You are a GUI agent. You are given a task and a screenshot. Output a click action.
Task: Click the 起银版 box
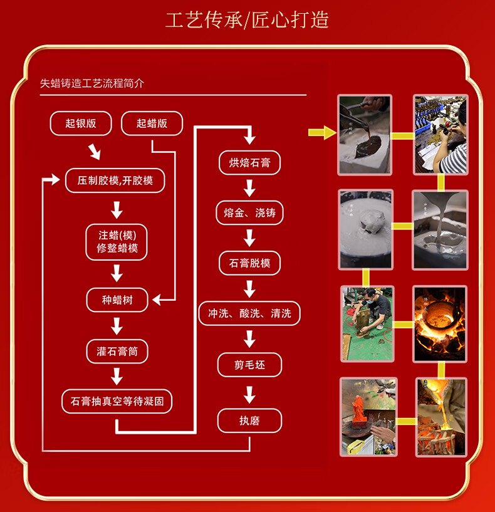click(x=81, y=123)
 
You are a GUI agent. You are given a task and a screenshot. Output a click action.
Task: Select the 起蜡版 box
click(x=152, y=123)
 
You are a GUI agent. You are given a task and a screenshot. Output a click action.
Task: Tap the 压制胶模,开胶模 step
click(x=115, y=180)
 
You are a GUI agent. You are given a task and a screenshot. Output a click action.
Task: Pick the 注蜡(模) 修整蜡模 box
click(x=117, y=242)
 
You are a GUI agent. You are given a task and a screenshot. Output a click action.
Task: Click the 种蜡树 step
click(x=117, y=300)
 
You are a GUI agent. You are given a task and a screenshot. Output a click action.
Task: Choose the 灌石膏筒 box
click(x=117, y=352)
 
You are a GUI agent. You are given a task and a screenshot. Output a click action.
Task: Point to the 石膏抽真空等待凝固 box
click(x=117, y=401)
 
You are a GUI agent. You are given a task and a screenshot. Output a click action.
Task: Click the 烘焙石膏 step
click(x=249, y=163)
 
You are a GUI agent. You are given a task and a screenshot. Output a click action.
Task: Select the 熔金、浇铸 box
click(x=249, y=213)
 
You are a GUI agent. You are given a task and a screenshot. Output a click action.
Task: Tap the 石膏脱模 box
click(x=249, y=263)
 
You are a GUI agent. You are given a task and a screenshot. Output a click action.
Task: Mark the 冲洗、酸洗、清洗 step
click(x=249, y=313)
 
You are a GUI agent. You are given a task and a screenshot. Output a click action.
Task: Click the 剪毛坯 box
click(x=249, y=365)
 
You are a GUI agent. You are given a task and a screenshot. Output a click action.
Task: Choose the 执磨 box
click(x=249, y=421)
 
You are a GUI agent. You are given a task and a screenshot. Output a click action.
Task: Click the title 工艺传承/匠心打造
click(x=247, y=19)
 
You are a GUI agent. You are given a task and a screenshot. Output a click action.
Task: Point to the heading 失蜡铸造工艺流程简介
click(x=92, y=83)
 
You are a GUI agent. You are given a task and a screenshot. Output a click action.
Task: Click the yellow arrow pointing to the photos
click(x=321, y=132)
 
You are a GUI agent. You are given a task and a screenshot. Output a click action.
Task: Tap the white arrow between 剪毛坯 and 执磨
click(x=249, y=394)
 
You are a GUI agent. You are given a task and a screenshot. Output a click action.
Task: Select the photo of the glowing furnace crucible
click(x=440, y=323)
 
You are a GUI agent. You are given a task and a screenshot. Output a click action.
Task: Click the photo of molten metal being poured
click(x=441, y=417)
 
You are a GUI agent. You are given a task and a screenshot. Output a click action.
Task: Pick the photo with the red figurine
click(x=368, y=417)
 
